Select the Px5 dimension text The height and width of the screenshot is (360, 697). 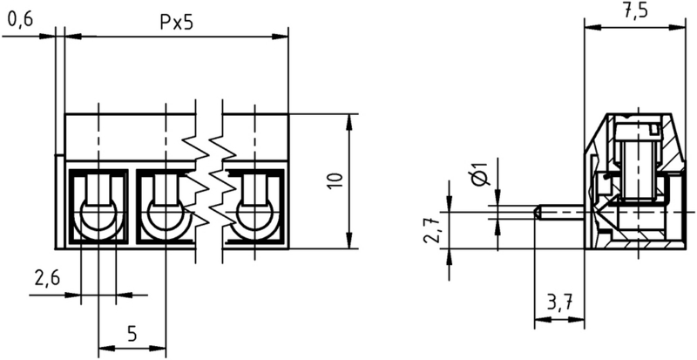click(x=177, y=24)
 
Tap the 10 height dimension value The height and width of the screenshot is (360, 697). click(x=337, y=181)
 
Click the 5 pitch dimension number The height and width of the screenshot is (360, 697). click(x=132, y=333)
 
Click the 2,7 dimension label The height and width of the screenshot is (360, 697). click(x=432, y=229)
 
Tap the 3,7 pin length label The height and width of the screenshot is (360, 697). click(x=558, y=304)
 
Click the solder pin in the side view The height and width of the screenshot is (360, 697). click(x=560, y=213)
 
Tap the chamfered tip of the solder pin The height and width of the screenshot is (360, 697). click(x=538, y=213)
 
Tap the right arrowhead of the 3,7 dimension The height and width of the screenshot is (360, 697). click(x=576, y=320)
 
